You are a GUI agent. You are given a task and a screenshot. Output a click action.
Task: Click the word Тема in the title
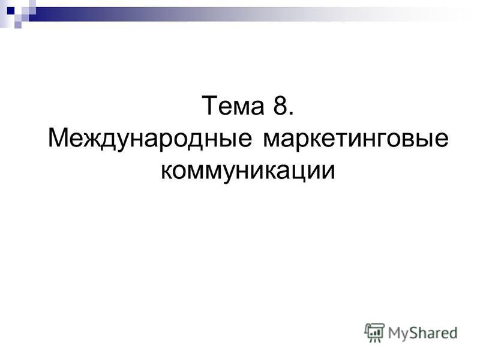tap(233, 106)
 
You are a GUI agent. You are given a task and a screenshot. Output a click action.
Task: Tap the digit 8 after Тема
tap(280, 106)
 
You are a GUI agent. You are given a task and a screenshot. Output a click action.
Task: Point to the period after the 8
tap(291, 113)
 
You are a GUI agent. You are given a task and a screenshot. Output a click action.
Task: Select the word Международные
tap(150, 139)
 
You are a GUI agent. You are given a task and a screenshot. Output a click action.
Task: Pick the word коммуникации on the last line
tap(248, 171)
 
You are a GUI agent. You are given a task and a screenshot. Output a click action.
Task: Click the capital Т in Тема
tap(209, 106)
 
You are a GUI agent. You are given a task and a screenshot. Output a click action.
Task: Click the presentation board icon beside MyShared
tap(374, 332)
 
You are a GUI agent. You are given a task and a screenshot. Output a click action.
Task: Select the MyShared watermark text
tap(422, 333)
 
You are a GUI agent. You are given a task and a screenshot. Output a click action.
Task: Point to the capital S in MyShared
tap(415, 332)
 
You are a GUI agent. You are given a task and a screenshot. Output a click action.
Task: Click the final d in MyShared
tap(452, 332)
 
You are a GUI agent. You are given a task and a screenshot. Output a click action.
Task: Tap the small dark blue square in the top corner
tap(11, 11)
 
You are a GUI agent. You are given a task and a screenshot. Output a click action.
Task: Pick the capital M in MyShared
tap(394, 333)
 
